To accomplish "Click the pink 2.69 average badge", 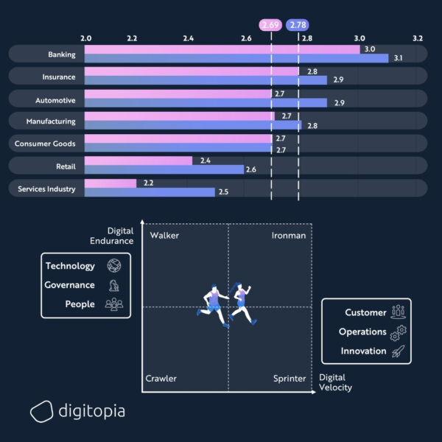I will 270,25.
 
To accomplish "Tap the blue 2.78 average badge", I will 298,25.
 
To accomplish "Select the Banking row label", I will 61,54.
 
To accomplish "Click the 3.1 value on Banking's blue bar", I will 399,57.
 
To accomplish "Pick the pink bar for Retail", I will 138,160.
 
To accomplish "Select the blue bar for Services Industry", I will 150,192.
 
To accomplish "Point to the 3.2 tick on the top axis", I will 418,37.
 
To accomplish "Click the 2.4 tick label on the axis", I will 189,37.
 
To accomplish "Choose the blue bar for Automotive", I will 206,102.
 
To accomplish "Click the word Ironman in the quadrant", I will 289,236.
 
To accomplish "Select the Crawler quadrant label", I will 161,379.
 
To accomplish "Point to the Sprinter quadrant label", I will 290,379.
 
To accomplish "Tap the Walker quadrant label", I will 164,236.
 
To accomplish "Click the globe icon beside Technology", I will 114,266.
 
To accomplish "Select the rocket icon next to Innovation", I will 399,351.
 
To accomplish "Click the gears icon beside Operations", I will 399,332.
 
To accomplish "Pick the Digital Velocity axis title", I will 336,383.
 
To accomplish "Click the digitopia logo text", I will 92,411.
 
